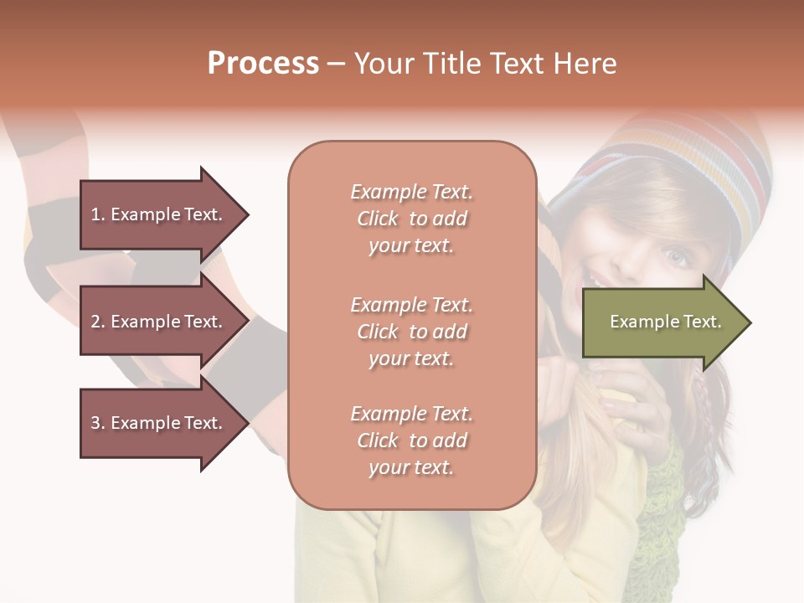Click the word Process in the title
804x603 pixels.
click(x=263, y=64)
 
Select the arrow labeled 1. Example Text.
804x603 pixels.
click(x=159, y=214)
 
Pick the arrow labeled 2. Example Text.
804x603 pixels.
click(x=159, y=322)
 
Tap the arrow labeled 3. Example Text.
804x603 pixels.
click(x=159, y=423)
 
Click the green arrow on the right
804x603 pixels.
click(x=662, y=322)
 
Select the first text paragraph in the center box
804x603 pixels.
click(x=411, y=219)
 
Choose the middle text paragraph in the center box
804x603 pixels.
click(x=411, y=332)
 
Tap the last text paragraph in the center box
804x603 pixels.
click(x=411, y=441)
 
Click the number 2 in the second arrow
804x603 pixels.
click(x=95, y=322)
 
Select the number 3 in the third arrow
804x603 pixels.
click(x=95, y=423)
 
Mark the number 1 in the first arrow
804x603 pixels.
click(x=95, y=214)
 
